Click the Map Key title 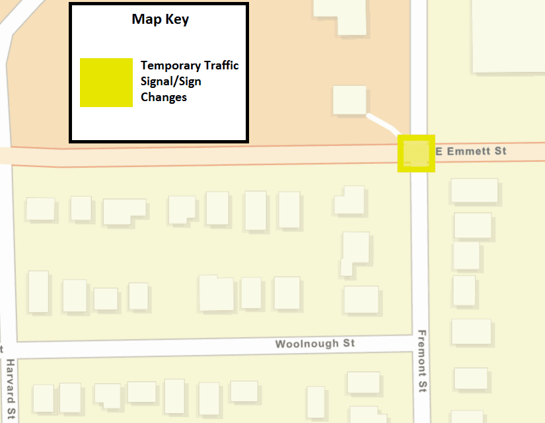[160, 19]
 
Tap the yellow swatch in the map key [106, 82]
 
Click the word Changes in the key [164, 97]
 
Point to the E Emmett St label [471, 151]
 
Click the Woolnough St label [315, 344]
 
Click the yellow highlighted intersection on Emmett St [416, 153]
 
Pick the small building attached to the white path [349, 100]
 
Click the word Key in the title [177, 19]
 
